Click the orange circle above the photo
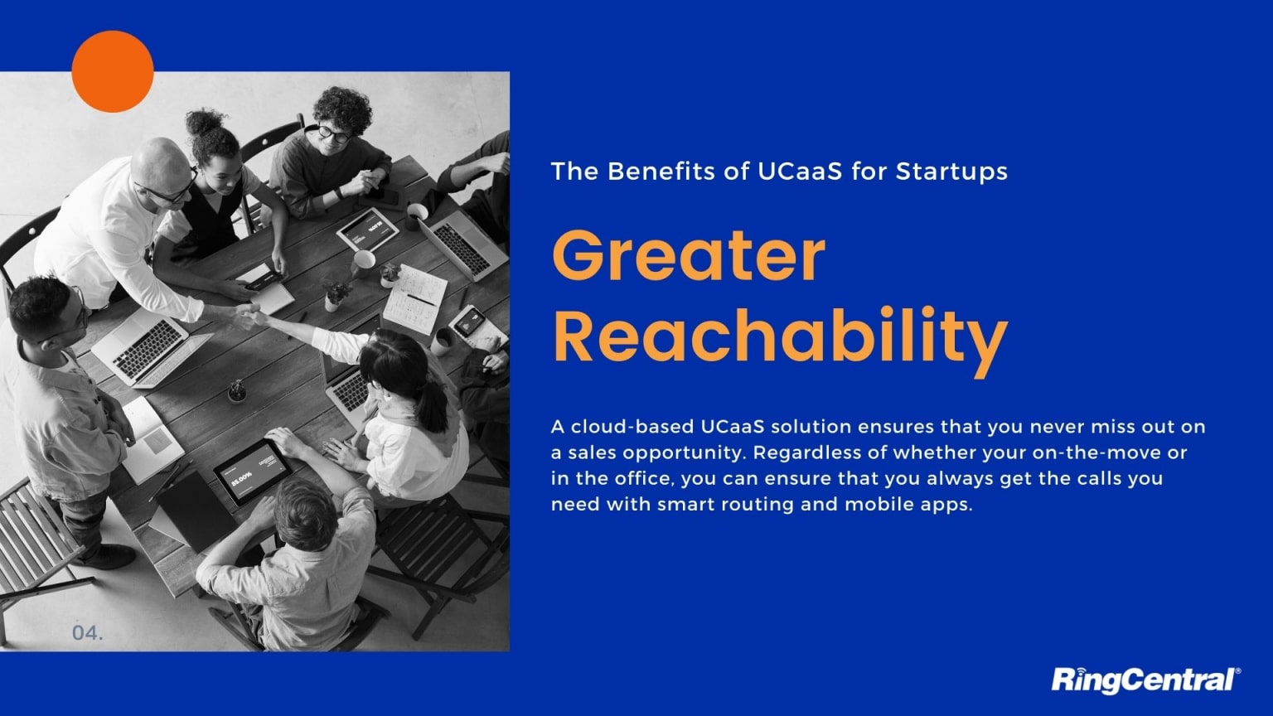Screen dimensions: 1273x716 coord(113,71)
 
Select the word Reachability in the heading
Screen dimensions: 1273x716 coord(780,337)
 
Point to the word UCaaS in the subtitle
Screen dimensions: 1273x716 coord(800,172)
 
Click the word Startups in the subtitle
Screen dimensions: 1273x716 coord(951,172)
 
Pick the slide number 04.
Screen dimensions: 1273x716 coord(88,632)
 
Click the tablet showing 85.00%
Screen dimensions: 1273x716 coord(252,471)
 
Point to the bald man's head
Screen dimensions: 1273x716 coord(160,166)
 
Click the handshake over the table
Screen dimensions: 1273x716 coord(245,314)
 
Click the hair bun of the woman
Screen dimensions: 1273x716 coord(206,122)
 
